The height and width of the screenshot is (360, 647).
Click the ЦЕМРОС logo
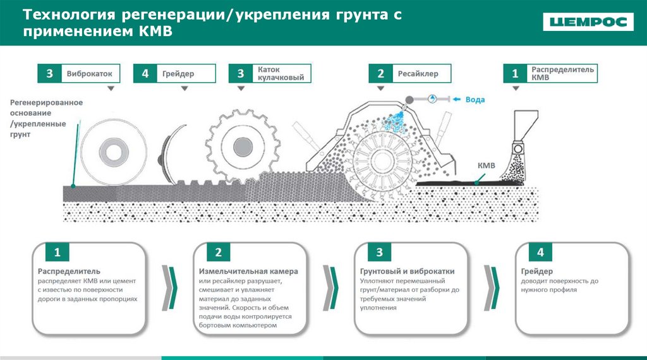click(x=588, y=22)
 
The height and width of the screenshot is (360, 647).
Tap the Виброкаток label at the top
click(x=89, y=74)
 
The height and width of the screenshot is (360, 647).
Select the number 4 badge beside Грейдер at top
click(x=145, y=74)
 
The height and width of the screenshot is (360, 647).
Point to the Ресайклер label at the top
click(x=414, y=74)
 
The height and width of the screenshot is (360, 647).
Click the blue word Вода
click(x=475, y=99)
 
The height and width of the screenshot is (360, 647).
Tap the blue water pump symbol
click(x=432, y=99)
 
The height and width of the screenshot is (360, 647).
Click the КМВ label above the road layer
click(x=486, y=165)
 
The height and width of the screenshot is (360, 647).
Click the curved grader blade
click(x=167, y=152)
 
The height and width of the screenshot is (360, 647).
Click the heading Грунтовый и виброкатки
click(x=407, y=272)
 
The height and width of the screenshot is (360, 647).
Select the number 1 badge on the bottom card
click(x=57, y=253)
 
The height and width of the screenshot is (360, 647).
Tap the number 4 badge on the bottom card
click(x=540, y=253)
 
